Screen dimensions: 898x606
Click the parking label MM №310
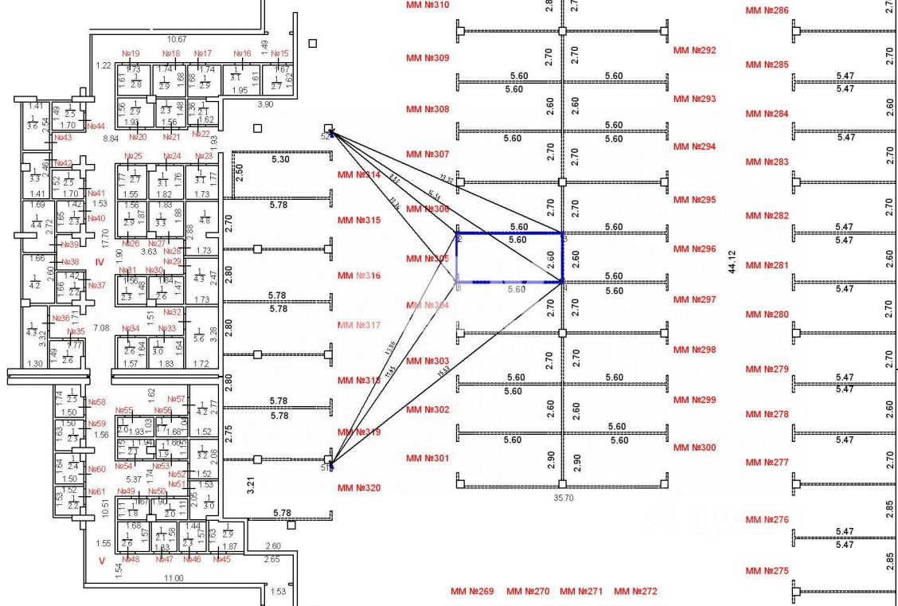coord(428,5)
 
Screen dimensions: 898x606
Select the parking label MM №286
coord(767,11)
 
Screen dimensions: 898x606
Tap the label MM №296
coord(694,249)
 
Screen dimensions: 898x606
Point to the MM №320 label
coord(359,488)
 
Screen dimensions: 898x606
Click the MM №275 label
coord(767,571)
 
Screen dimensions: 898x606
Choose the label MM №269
coord(472,592)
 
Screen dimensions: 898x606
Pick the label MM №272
coord(635,592)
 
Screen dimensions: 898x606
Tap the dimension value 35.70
coord(562,498)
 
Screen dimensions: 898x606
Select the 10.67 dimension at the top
coord(176,39)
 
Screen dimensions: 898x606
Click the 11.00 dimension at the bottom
coord(173,577)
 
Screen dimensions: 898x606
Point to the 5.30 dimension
coord(281,160)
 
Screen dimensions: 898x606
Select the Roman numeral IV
coord(100,261)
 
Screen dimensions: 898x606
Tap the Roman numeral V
coord(101,561)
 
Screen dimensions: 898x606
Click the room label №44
coord(96,126)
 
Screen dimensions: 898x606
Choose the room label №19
coord(131,54)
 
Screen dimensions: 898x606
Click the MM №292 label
coord(694,50)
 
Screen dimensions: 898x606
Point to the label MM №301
coord(428,459)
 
